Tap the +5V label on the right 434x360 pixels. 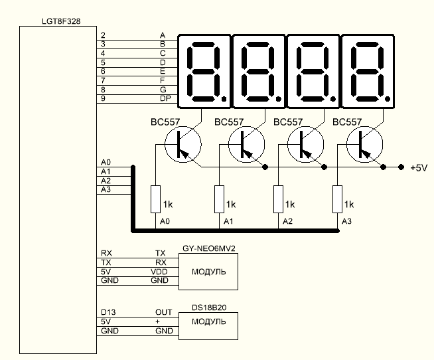pos(419,168)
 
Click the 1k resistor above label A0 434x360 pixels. pos(155,199)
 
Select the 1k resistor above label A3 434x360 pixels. pos(336,199)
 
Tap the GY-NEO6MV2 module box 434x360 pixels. pos(207,272)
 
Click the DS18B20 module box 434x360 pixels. pos(207,321)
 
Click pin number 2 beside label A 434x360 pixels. pos(103,34)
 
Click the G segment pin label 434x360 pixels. pos(163,89)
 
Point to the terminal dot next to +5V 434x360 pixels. pos(401,167)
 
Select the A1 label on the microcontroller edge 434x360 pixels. pos(106,171)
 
